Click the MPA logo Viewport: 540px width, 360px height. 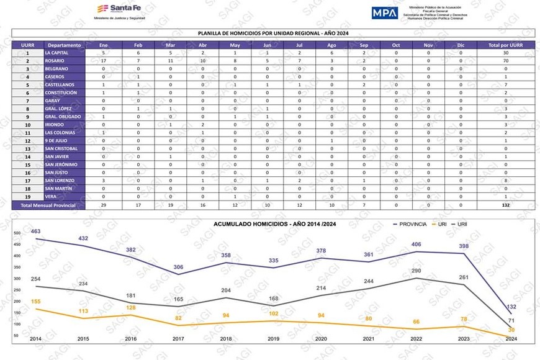pyautogui.click(x=385, y=12)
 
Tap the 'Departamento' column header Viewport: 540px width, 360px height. pyautogui.click(x=64, y=45)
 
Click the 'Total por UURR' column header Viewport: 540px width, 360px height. pyautogui.click(x=506, y=45)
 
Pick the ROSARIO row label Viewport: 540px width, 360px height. pyautogui.click(x=55, y=61)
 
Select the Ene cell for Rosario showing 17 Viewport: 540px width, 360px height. pyautogui.click(x=103, y=61)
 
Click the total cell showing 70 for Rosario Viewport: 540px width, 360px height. pyautogui.click(x=506, y=61)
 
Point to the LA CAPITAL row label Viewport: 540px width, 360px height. pyautogui.click(x=56, y=53)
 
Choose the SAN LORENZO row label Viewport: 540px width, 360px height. pyautogui.click(x=60, y=180)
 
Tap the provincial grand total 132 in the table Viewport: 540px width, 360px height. pyautogui.click(x=506, y=204)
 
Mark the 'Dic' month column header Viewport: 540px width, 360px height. pyautogui.click(x=461, y=45)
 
